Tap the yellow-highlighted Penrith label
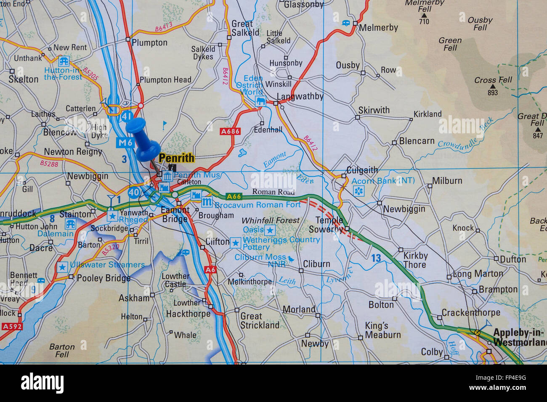click(x=176, y=158)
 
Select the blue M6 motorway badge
click(x=125, y=143)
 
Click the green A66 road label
click(x=234, y=196)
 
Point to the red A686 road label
click(x=230, y=131)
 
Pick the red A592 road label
click(x=11, y=326)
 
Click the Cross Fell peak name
click(x=493, y=80)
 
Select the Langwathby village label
click(x=300, y=96)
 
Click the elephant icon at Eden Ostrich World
click(x=260, y=101)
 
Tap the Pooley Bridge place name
click(x=104, y=278)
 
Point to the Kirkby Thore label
click(x=415, y=260)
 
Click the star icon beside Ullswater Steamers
click(x=63, y=267)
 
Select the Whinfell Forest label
click(x=271, y=220)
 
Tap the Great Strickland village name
click(x=259, y=321)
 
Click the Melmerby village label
click(x=378, y=28)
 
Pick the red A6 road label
click(x=210, y=269)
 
